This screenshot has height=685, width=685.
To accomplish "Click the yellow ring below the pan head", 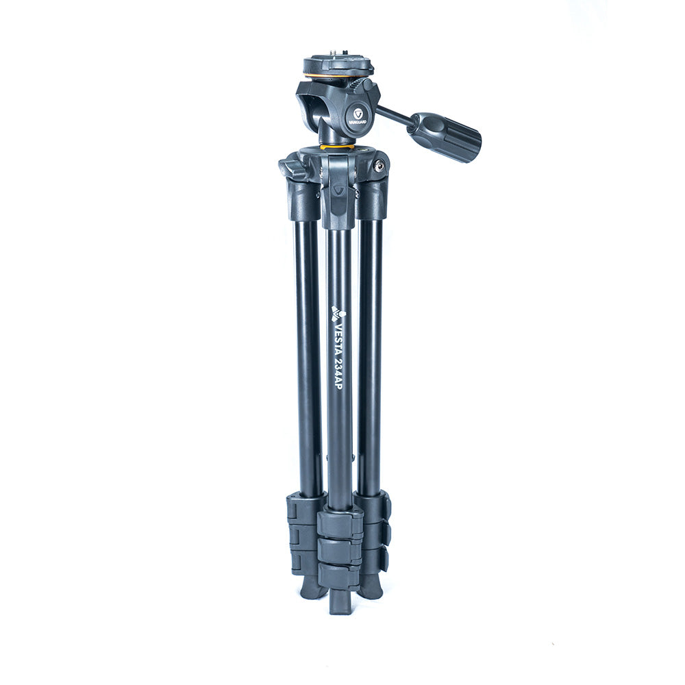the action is point(337,147).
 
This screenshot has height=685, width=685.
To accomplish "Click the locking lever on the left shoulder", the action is point(292,169).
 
